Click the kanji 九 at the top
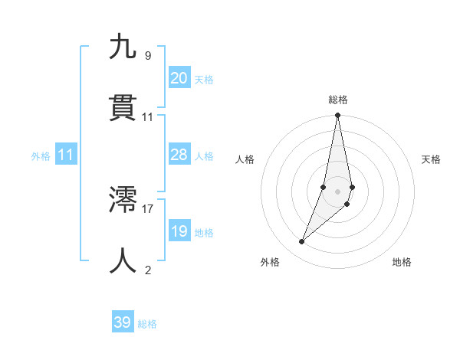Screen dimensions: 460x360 click(x=123, y=47)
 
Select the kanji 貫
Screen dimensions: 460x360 click(x=123, y=108)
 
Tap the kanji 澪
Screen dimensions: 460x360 click(x=123, y=201)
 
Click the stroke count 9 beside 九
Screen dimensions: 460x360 click(x=148, y=55)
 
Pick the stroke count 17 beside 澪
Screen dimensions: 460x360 click(x=148, y=208)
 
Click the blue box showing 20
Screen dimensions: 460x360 click(x=179, y=78)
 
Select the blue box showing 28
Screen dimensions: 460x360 click(x=179, y=155)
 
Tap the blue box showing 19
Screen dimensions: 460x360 click(x=179, y=231)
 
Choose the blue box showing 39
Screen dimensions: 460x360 click(x=123, y=322)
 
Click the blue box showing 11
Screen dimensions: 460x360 click(x=66, y=155)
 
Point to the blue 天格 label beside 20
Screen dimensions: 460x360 click(x=204, y=80)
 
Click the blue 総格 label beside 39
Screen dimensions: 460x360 click(x=147, y=324)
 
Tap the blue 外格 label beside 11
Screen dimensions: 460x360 click(x=41, y=156)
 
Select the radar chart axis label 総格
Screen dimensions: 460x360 click(x=338, y=100)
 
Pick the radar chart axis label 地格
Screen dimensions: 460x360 click(x=402, y=262)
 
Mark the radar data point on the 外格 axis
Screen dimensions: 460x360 click(x=302, y=242)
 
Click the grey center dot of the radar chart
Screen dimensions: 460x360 click(x=338, y=191)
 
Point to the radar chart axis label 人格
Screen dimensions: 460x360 click(x=245, y=159)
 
